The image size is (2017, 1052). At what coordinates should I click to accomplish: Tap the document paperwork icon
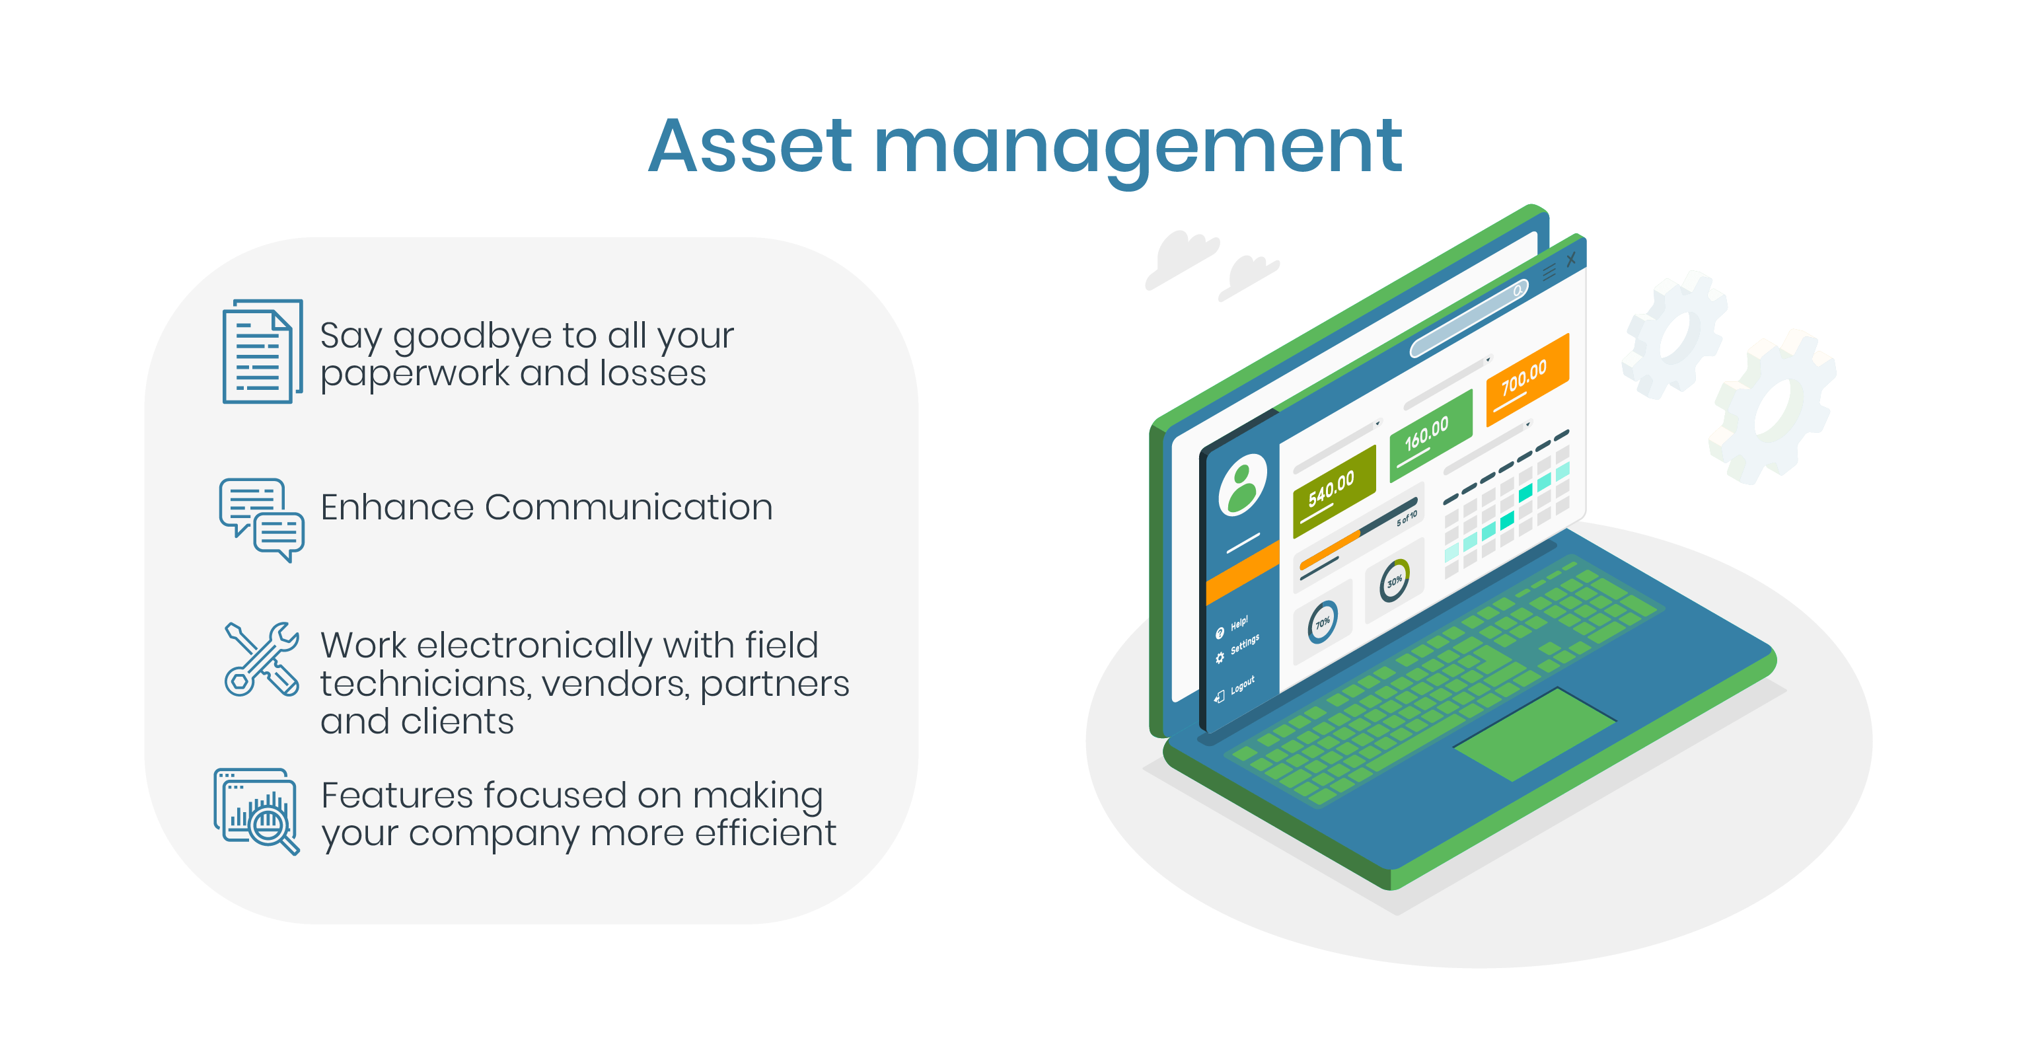[262, 352]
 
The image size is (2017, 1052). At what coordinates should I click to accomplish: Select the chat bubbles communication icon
[262, 520]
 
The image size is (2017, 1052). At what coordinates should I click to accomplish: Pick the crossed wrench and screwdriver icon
[262, 659]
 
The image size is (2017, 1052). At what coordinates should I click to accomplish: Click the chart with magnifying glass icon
[257, 811]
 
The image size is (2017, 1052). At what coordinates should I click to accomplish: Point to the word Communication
[629, 507]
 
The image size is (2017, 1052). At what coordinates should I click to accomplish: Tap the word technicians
[426, 684]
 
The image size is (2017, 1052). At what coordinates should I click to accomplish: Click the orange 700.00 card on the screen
[1527, 379]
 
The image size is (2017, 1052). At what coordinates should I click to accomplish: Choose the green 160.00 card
[1430, 435]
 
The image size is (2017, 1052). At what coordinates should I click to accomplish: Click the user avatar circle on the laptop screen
[1243, 485]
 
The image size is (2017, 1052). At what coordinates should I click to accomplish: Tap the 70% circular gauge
[1323, 622]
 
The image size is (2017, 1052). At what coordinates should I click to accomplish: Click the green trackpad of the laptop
[1534, 734]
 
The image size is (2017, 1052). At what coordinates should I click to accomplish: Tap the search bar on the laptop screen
[1469, 318]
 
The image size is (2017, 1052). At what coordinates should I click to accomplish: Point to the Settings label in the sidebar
[1245, 644]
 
